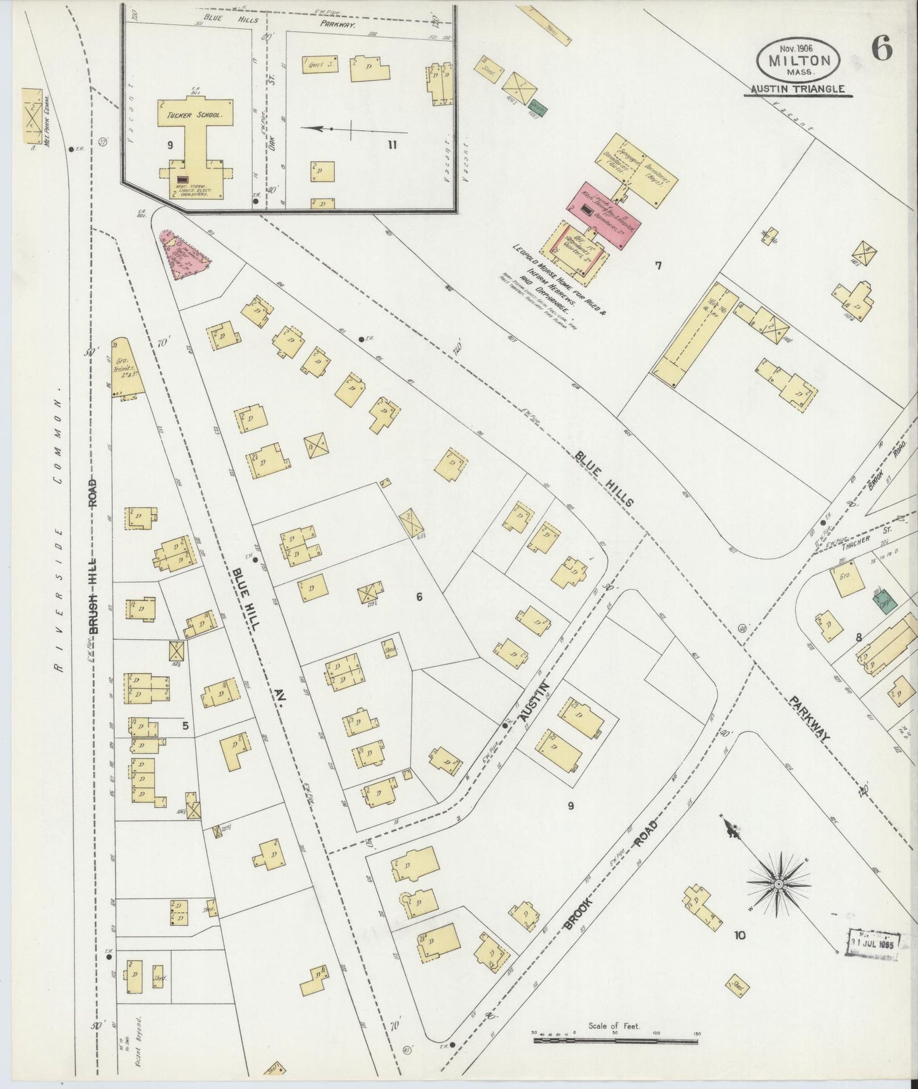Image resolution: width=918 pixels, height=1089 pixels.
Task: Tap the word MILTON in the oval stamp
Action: click(x=799, y=61)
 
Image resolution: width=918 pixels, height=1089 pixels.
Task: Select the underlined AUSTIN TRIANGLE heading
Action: click(x=799, y=90)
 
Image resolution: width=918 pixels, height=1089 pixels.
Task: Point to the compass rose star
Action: click(x=778, y=883)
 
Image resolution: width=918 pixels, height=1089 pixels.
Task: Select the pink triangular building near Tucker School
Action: click(x=185, y=256)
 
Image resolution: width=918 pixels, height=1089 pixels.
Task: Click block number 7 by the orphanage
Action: click(x=658, y=266)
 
